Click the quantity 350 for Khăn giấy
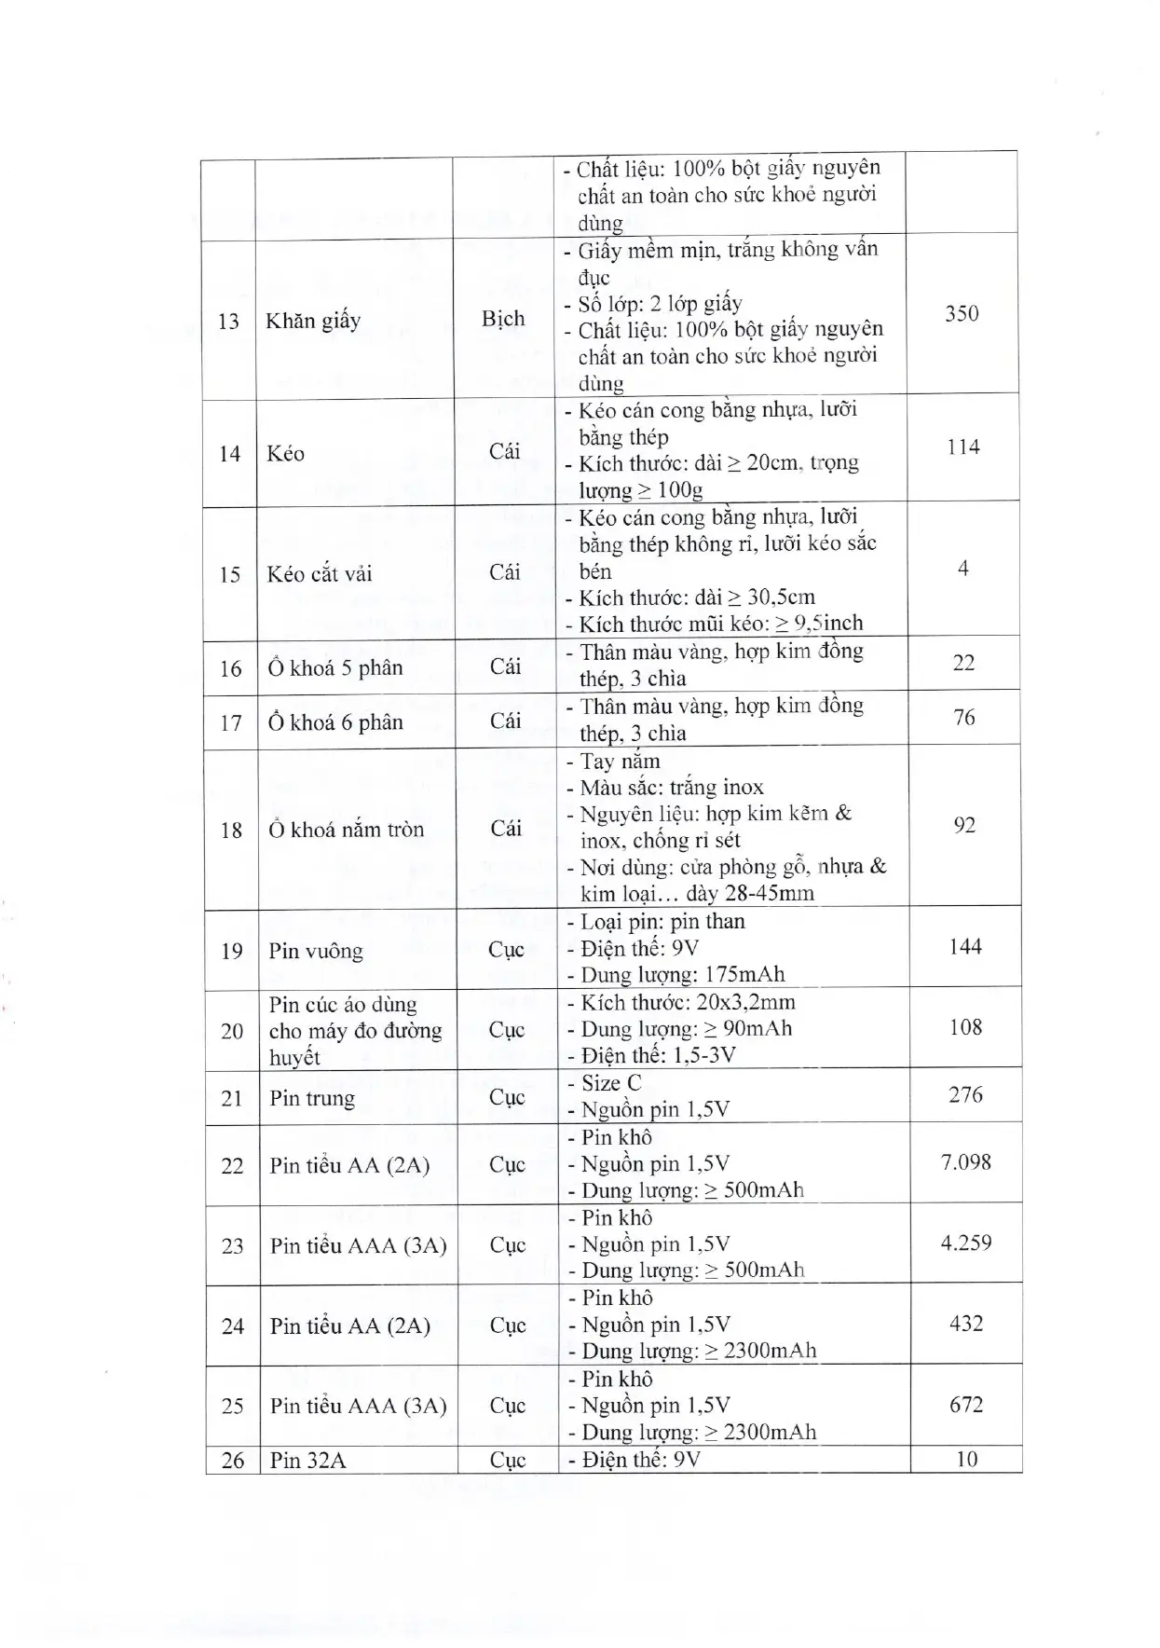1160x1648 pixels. [962, 313]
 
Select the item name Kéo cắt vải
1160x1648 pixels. [319, 574]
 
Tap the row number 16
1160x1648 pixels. [230, 668]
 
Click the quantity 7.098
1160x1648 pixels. [966, 1162]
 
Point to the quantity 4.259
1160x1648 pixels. [966, 1243]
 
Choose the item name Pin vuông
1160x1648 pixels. [316, 951]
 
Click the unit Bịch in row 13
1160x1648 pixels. [503, 319]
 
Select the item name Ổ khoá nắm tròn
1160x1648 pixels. [346, 830]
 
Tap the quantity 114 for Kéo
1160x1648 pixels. [962, 447]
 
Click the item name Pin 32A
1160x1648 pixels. [307, 1460]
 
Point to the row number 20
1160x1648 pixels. [232, 1031]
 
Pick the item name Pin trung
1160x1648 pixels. [312, 1098]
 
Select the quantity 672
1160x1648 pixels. [966, 1404]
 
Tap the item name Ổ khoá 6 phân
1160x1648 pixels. [335, 722]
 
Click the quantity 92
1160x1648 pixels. [964, 825]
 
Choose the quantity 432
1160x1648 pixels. [966, 1324]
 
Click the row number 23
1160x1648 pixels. [232, 1246]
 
